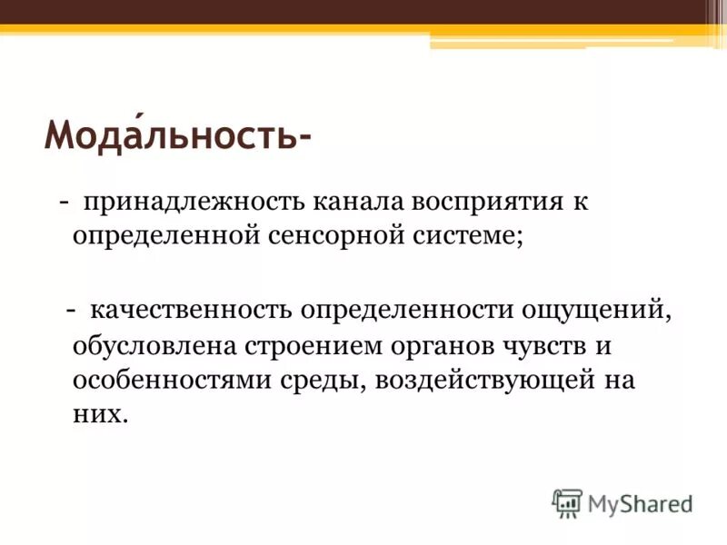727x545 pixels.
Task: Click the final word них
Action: pyautogui.click(x=95, y=414)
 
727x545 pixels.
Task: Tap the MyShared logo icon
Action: pyautogui.click(x=567, y=502)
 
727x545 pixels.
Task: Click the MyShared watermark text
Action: pyautogui.click(x=639, y=502)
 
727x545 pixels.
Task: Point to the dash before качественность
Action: pyautogui.click(x=70, y=311)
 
